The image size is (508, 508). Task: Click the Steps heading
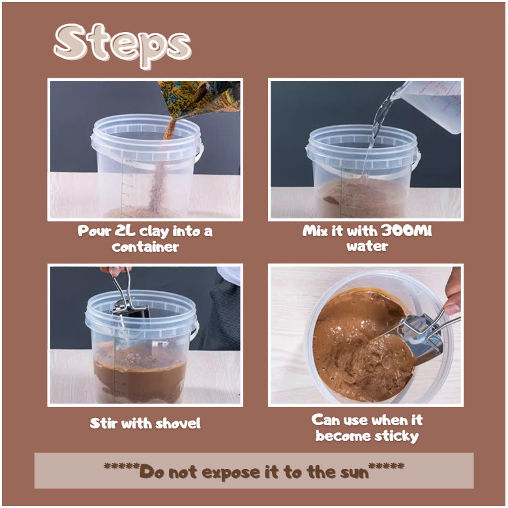123,45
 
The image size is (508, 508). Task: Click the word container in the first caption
145,247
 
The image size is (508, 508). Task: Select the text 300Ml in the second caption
406,231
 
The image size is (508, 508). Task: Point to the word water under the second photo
367,247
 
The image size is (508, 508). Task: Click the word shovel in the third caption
178,423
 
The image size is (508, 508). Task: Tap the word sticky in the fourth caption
396,436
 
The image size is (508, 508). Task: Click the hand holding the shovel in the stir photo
115,271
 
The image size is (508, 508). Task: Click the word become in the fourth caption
344,436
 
